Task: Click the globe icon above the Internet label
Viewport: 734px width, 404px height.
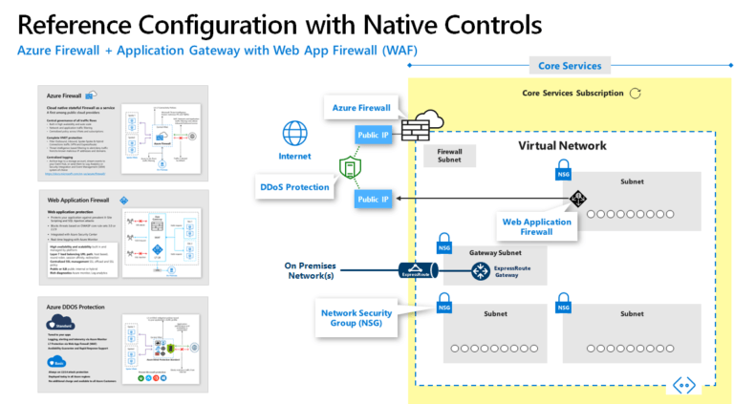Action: point(296,132)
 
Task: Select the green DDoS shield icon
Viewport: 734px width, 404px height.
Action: point(349,169)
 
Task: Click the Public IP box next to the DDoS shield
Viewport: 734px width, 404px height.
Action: point(373,199)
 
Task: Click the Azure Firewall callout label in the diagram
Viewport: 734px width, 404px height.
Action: point(361,109)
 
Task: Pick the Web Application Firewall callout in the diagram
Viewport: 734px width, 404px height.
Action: point(537,227)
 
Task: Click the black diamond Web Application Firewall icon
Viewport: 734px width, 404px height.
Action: point(577,199)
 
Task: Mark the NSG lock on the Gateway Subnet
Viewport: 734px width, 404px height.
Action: point(443,243)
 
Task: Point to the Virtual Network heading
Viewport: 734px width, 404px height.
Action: point(562,146)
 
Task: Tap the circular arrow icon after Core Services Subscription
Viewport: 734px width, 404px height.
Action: point(636,93)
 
